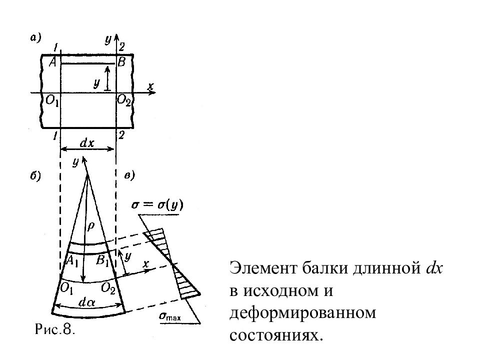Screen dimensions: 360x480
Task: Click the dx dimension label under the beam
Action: (87, 143)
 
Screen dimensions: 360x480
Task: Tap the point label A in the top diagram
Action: (52, 62)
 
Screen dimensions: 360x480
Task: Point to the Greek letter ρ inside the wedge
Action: (91, 226)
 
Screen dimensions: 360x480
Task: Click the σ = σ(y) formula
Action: (156, 205)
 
